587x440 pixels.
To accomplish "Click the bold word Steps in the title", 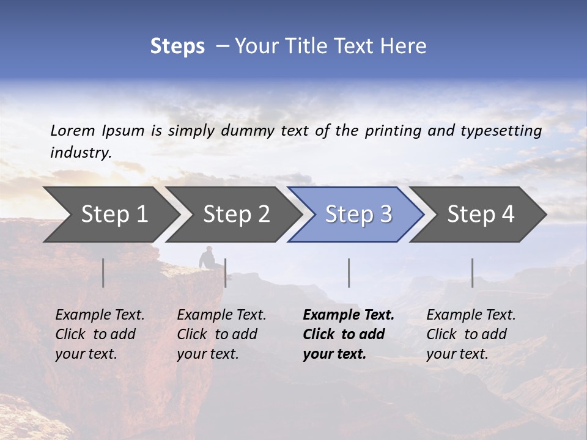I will [177, 46].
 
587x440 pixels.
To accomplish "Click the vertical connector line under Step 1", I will [103, 273].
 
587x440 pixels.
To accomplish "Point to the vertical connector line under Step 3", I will [349, 273].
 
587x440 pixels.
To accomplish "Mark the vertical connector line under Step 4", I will [473, 273].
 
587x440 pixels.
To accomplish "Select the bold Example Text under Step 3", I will [348, 334].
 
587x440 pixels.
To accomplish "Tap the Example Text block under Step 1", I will [100, 334].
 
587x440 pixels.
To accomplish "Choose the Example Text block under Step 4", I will [471, 334].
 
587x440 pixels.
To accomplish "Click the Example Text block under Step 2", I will [221, 334].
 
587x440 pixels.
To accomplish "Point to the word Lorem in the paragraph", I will [72, 130].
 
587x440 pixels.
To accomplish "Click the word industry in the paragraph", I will [80, 153].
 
